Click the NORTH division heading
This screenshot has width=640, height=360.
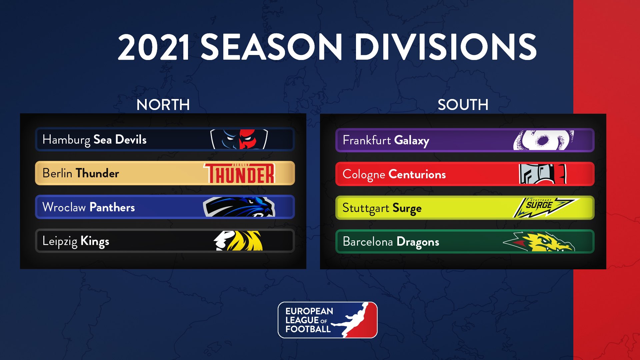pyautogui.click(x=163, y=105)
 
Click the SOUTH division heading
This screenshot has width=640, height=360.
pyautogui.click(x=463, y=105)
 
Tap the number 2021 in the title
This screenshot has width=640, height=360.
pyautogui.click(x=154, y=47)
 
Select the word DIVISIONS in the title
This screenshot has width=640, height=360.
pyautogui.click(x=445, y=47)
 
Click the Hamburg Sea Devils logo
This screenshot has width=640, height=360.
pyautogui.click(x=239, y=139)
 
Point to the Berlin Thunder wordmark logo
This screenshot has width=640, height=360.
pyautogui.click(x=239, y=173)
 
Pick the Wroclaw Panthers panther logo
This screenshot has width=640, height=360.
pyautogui.click(x=239, y=207)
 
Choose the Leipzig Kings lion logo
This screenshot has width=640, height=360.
pyautogui.click(x=238, y=241)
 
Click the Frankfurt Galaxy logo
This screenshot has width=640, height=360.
pyautogui.click(x=544, y=140)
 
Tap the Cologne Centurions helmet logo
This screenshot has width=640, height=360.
pyautogui.click(x=543, y=174)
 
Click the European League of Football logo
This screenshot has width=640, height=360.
pyautogui.click(x=328, y=320)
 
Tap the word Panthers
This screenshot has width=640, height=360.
pyautogui.click(x=112, y=207)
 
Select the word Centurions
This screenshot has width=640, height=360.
pyautogui.click(x=417, y=174)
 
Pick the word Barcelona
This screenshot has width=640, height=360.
pyautogui.click(x=368, y=241)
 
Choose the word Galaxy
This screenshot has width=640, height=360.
pyautogui.click(x=412, y=141)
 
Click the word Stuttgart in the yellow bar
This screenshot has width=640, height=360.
pyautogui.click(x=366, y=208)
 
